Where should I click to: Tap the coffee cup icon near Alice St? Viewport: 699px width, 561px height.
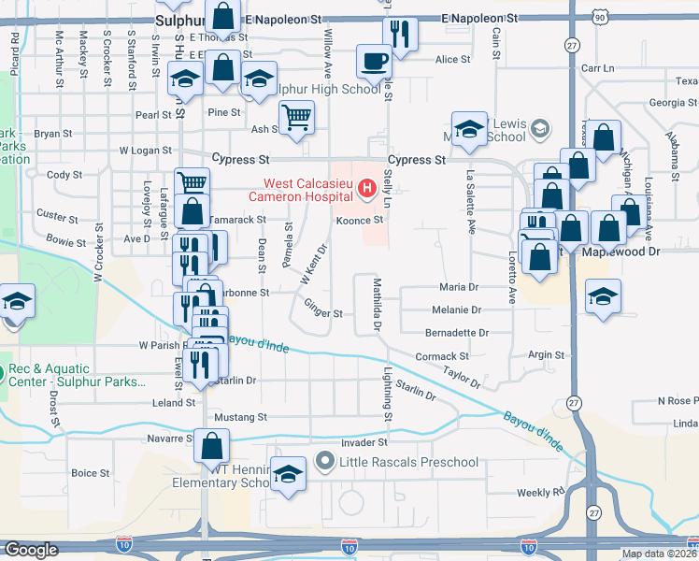375,63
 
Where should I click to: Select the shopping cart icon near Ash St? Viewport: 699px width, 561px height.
296,118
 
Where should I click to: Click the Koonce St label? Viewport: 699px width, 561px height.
361,220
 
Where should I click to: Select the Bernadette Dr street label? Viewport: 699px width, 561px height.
457,332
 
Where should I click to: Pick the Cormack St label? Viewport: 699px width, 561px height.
442,356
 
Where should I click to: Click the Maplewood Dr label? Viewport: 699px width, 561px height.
621,252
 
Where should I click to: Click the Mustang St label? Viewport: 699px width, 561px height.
241,417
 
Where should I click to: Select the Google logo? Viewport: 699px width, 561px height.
31,550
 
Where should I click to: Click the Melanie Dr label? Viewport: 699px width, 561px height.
456,309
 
